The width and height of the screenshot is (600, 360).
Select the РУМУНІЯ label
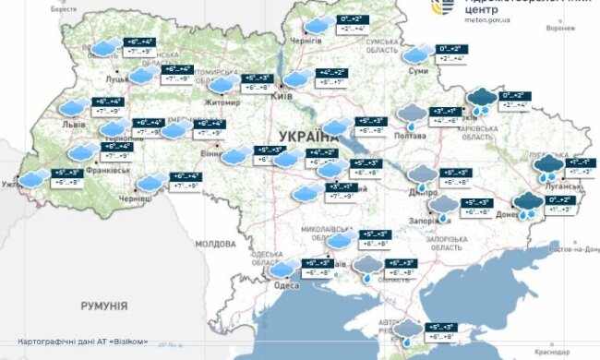[x=103, y=306]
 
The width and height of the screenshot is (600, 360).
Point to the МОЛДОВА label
[x=215, y=244]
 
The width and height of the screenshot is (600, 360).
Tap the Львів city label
[x=75, y=123]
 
